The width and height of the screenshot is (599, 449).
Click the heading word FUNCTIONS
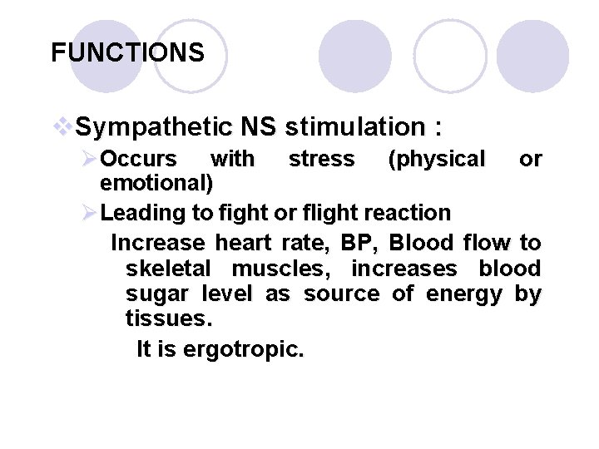(127, 53)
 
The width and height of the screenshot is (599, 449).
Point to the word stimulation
(355, 127)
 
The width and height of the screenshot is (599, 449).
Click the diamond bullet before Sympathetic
(63, 127)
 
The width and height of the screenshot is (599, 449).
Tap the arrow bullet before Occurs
(90, 158)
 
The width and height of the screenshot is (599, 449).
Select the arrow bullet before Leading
(90, 213)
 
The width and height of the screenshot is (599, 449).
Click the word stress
(321, 158)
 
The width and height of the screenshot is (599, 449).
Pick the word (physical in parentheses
(437, 158)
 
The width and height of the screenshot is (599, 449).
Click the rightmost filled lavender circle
(532, 57)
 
